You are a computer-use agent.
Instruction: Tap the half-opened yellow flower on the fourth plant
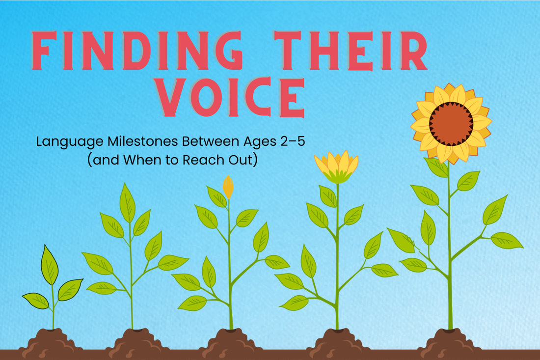coord(336,167)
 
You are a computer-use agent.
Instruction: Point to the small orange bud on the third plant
coord(228,187)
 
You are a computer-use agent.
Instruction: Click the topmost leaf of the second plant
coord(127,202)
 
